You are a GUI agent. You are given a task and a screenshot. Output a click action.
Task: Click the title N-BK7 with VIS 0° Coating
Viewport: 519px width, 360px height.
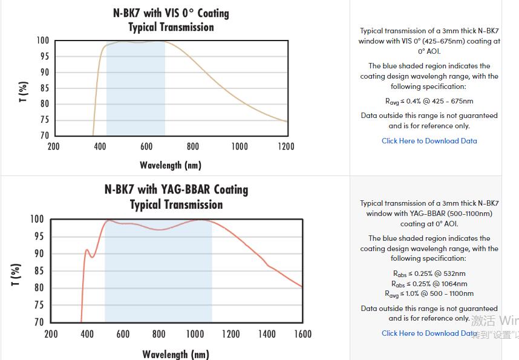pos(171,13)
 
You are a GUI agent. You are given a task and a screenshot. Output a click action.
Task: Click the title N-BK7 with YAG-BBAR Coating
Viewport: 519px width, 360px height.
pos(176,189)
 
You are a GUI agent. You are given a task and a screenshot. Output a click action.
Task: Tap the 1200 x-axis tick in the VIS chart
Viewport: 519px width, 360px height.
pos(286,146)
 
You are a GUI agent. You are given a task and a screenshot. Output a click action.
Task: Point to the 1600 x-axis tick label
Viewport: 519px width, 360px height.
pos(302,334)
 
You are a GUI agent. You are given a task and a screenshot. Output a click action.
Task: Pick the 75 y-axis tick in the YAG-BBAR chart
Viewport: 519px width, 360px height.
pos(38,305)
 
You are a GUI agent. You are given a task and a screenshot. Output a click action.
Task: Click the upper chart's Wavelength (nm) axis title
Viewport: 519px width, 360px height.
pos(171,165)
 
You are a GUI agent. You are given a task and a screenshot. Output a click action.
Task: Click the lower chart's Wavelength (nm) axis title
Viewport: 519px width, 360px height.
pos(176,354)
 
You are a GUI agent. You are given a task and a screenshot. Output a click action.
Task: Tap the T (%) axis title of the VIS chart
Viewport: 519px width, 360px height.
pos(24,91)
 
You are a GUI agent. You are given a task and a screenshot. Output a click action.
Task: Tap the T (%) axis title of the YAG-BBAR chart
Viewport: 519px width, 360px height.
pos(16,274)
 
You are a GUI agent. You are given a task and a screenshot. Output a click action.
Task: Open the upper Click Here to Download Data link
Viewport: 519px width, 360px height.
pos(429,141)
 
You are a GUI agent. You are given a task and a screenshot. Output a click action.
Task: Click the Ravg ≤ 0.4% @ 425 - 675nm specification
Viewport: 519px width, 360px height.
pos(429,101)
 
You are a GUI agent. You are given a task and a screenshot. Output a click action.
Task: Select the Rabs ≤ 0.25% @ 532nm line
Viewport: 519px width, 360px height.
pos(429,273)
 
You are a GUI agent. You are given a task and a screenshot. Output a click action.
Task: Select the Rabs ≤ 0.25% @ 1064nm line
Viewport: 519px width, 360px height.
pos(429,284)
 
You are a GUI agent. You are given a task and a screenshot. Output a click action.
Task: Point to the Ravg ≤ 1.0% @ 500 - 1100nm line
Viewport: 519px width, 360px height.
pos(429,294)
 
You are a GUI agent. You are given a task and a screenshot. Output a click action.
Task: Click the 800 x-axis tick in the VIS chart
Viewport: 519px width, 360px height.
pos(193,146)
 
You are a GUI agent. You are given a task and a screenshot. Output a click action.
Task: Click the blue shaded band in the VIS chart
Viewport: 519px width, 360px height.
pos(135,91)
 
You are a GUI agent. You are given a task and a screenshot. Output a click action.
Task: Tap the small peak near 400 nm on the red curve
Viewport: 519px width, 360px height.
pos(86,250)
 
